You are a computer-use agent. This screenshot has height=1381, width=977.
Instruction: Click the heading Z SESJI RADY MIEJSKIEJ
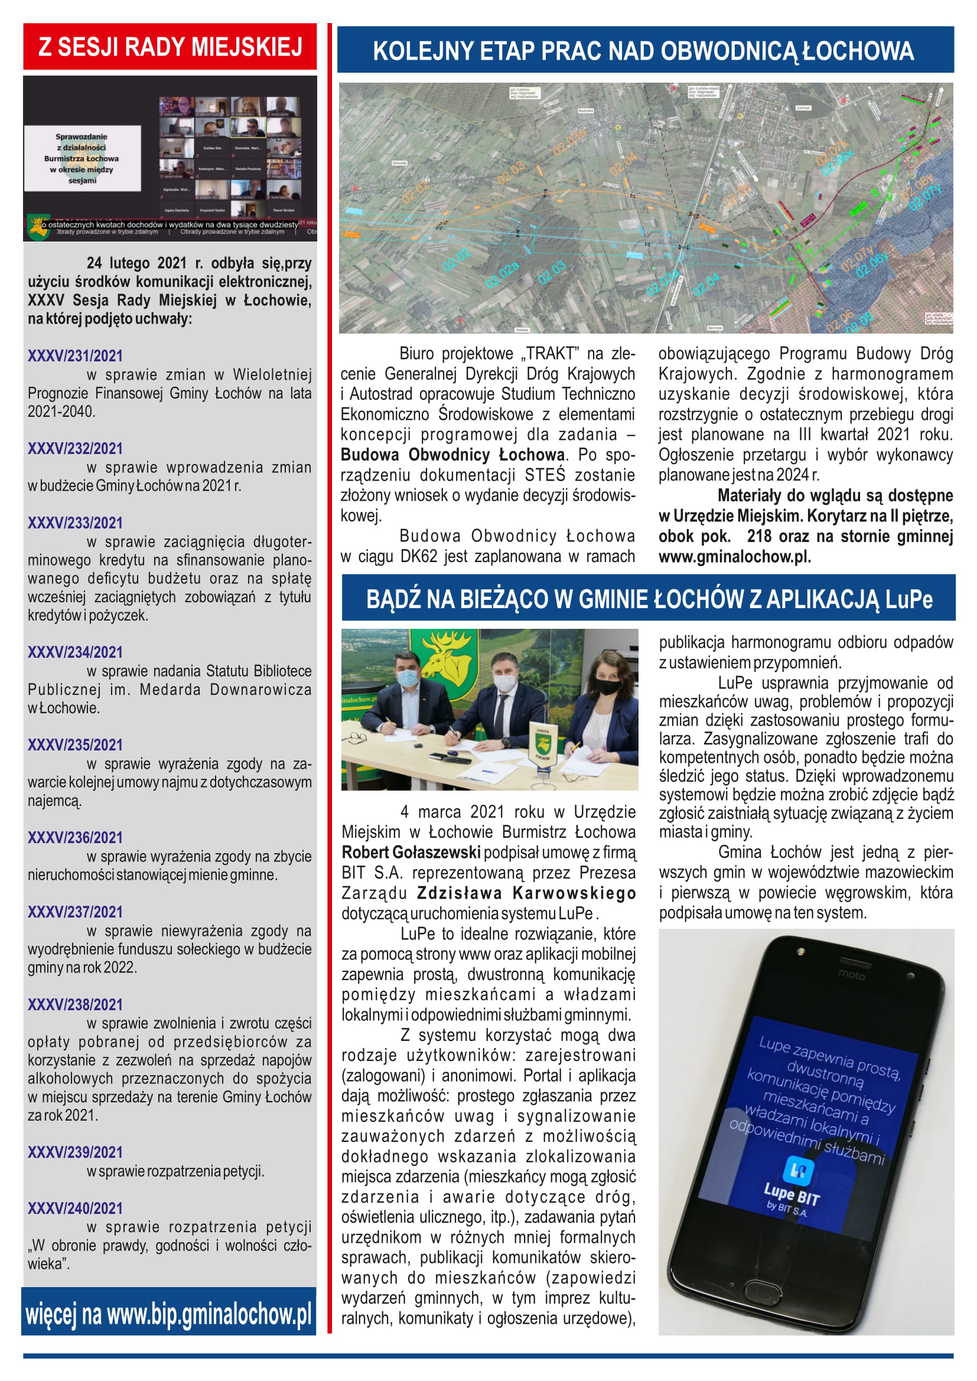coord(170,47)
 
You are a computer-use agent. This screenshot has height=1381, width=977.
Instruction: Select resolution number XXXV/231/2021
coord(75,355)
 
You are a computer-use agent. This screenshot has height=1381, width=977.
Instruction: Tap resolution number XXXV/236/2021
coord(75,837)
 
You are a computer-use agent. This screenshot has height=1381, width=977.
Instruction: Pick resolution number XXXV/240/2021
coord(75,1209)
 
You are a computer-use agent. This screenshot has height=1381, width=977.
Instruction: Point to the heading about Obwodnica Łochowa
coord(644,51)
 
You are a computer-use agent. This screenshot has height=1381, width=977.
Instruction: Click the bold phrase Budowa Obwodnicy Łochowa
coord(452,455)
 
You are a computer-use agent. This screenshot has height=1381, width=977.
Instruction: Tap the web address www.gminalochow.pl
coord(734,557)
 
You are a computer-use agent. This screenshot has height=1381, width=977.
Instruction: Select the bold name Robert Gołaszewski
coord(411,853)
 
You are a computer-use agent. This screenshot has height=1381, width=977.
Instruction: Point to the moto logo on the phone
coord(852,974)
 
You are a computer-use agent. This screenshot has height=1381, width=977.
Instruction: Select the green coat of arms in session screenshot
coord(39,228)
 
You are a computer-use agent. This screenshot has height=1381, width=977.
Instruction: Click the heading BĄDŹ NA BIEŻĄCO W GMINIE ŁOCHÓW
coord(649,599)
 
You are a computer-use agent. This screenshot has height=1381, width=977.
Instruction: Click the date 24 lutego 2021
coord(136,263)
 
